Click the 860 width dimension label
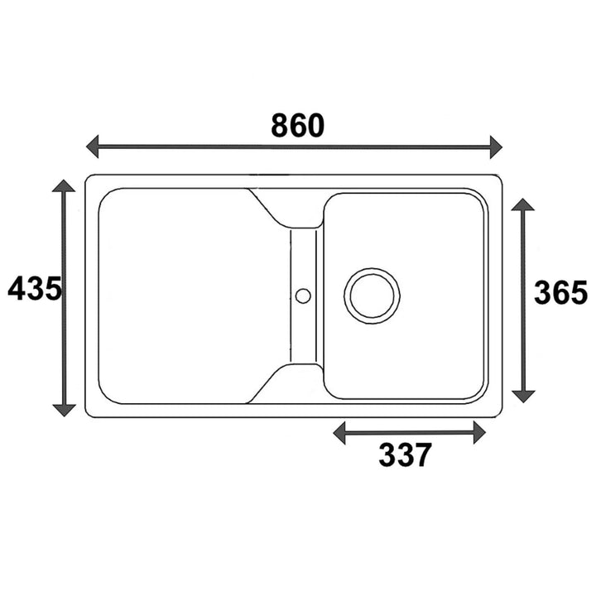298,126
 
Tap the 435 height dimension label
34,288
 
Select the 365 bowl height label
560,293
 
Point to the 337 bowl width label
405,454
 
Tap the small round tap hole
303,289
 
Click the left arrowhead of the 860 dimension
93,147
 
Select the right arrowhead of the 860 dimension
496,147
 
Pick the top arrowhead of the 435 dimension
64,185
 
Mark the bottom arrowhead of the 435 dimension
64,411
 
